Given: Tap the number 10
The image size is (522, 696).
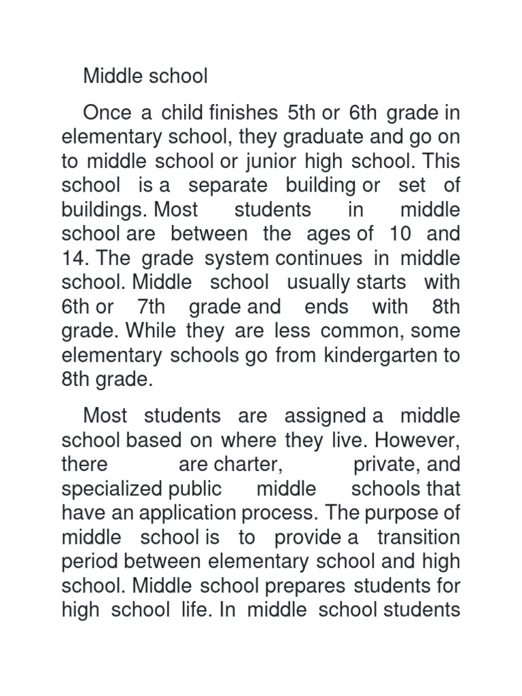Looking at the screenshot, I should click(x=400, y=234).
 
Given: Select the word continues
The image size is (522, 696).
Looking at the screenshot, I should click(x=309, y=258).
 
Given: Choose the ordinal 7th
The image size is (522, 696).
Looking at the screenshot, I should click(x=151, y=307).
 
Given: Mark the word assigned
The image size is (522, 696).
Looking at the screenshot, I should click(x=329, y=416).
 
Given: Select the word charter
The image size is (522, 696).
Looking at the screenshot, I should click(x=249, y=465).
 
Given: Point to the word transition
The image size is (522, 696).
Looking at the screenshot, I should click(x=419, y=538).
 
